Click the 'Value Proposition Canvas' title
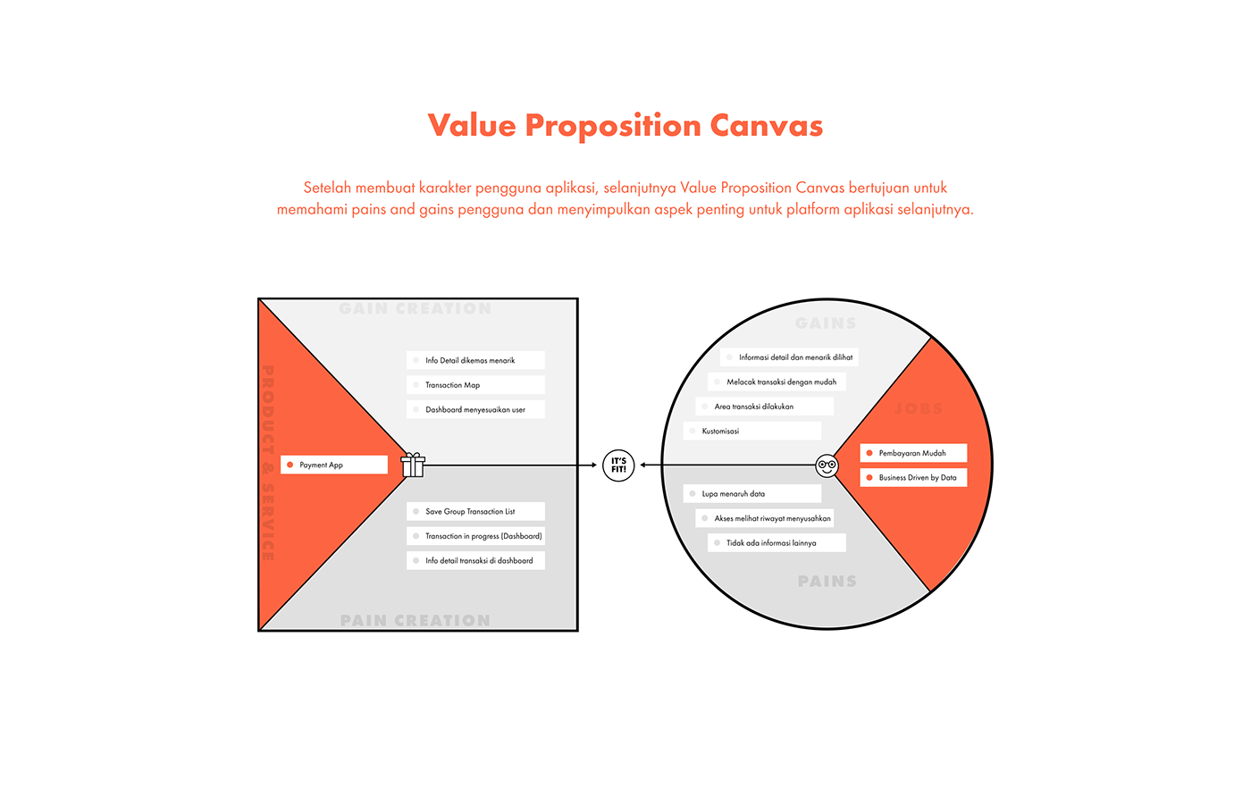[x=625, y=126]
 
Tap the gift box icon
[x=413, y=465]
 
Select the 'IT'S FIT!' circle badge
[x=618, y=465]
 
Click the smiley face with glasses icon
[x=827, y=465]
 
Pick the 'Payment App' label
[x=333, y=465]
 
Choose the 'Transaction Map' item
[x=474, y=385]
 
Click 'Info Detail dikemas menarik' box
[x=474, y=360]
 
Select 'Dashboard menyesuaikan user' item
[x=474, y=409]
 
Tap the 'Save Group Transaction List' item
[x=474, y=511]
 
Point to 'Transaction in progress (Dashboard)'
[x=474, y=536]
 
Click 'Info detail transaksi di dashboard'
[x=474, y=560]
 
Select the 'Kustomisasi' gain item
[x=751, y=431]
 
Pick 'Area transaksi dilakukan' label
[x=764, y=407]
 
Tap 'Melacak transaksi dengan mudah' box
[x=777, y=382]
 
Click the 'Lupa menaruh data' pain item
[x=751, y=493]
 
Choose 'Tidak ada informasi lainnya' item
[x=777, y=542]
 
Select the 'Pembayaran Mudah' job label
[x=912, y=453]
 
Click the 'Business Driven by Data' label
[x=912, y=477]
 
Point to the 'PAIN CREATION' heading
[x=416, y=620]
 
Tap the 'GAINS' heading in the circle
[x=826, y=323]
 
